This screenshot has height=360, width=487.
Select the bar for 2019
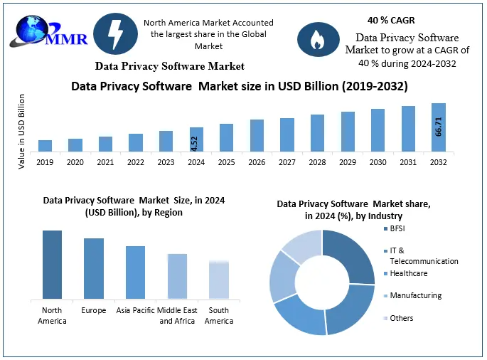(x=45, y=145)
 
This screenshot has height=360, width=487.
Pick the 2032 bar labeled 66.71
(x=439, y=127)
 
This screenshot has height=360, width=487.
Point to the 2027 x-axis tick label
(x=287, y=162)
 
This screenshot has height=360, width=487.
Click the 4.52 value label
(x=195, y=142)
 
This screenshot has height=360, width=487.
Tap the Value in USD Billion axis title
(x=22, y=130)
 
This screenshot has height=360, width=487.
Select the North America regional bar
(x=52, y=264)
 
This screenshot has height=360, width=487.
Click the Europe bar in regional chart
(x=94, y=268)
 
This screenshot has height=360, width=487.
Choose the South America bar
(x=219, y=280)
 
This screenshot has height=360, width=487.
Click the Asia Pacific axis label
(x=135, y=310)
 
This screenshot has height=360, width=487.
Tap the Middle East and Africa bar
(x=177, y=276)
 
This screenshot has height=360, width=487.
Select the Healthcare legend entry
(x=409, y=273)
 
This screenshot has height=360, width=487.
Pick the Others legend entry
(x=401, y=318)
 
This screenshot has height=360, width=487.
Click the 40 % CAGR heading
(x=392, y=20)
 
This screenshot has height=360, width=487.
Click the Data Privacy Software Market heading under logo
(x=170, y=66)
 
